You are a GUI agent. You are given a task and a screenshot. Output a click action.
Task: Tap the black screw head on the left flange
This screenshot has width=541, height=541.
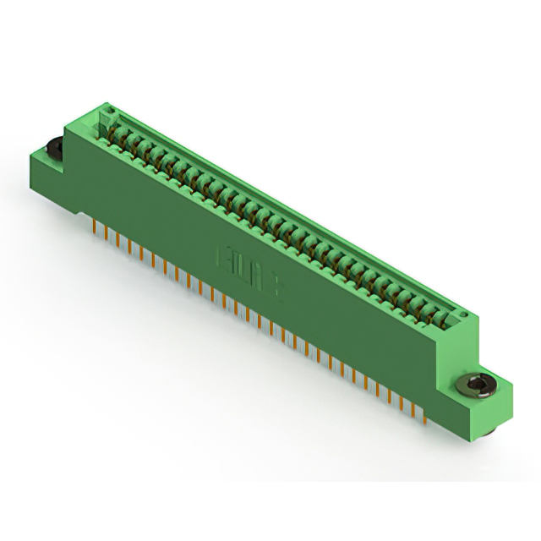(x=52, y=148)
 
